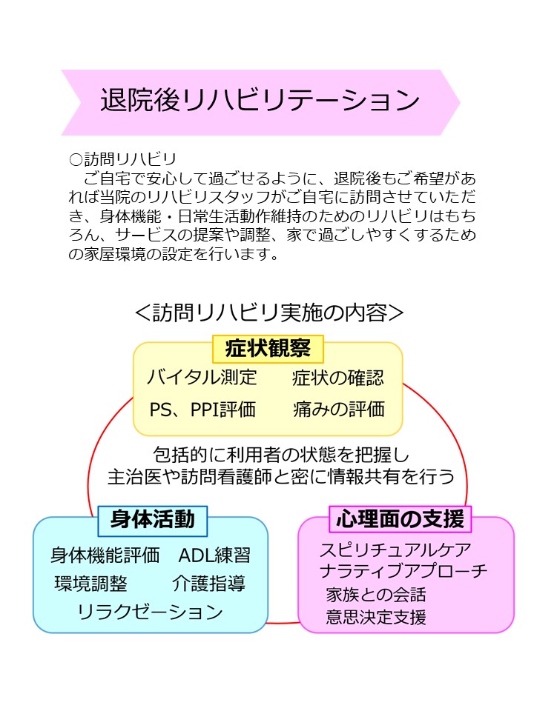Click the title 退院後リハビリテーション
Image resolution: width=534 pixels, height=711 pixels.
pyautogui.click(x=260, y=100)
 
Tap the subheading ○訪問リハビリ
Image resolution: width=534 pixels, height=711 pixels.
pyautogui.click(x=122, y=159)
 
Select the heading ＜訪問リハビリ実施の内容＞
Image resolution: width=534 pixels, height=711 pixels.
pyautogui.click(x=269, y=313)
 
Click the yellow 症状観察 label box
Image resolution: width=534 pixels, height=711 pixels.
pyautogui.click(x=268, y=349)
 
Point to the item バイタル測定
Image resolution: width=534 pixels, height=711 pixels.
pyautogui.click(x=202, y=377)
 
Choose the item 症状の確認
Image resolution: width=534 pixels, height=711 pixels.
pyautogui.click(x=338, y=378)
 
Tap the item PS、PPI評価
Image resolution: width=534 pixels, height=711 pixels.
pyautogui.click(x=202, y=410)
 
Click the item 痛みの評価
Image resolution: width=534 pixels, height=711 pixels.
pyautogui.click(x=339, y=409)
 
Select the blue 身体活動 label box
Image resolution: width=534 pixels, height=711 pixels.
pyautogui.click(x=153, y=520)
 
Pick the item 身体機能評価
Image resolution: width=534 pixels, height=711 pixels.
pyautogui.click(x=105, y=555)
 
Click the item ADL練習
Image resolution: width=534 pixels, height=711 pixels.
pyautogui.click(x=214, y=555)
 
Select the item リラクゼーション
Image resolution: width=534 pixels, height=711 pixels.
pyautogui.click(x=151, y=612)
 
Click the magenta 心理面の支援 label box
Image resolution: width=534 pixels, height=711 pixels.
pyautogui.click(x=400, y=519)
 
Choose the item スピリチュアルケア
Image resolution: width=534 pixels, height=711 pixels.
pyautogui.click(x=395, y=550)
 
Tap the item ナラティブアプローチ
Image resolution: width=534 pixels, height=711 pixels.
pyautogui.click(x=403, y=571)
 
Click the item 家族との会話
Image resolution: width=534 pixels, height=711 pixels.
pyautogui.click(x=376, y=595)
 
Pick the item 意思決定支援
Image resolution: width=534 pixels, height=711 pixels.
pyautogui.click(x=376, y=617)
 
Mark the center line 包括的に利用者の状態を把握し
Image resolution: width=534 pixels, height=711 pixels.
pyautogui.click(x=281, y=454)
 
